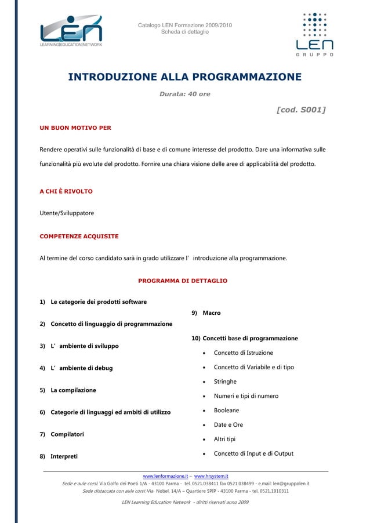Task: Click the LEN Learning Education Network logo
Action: (71, 31)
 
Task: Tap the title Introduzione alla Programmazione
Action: (184, 77)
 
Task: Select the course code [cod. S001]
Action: (301, 109)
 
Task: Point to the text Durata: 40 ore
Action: (184, 94)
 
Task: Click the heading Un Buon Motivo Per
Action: (75, 128)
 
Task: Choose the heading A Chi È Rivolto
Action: (66, 191)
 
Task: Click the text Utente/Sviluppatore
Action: (67, 213)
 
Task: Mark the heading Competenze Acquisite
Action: (79, 237)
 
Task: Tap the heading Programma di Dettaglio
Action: (183, 281)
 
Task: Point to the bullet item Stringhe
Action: (225, 382)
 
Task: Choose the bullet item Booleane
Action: (226, 411)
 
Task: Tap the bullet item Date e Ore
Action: (228, 425)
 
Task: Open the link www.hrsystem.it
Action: (211, 476)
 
